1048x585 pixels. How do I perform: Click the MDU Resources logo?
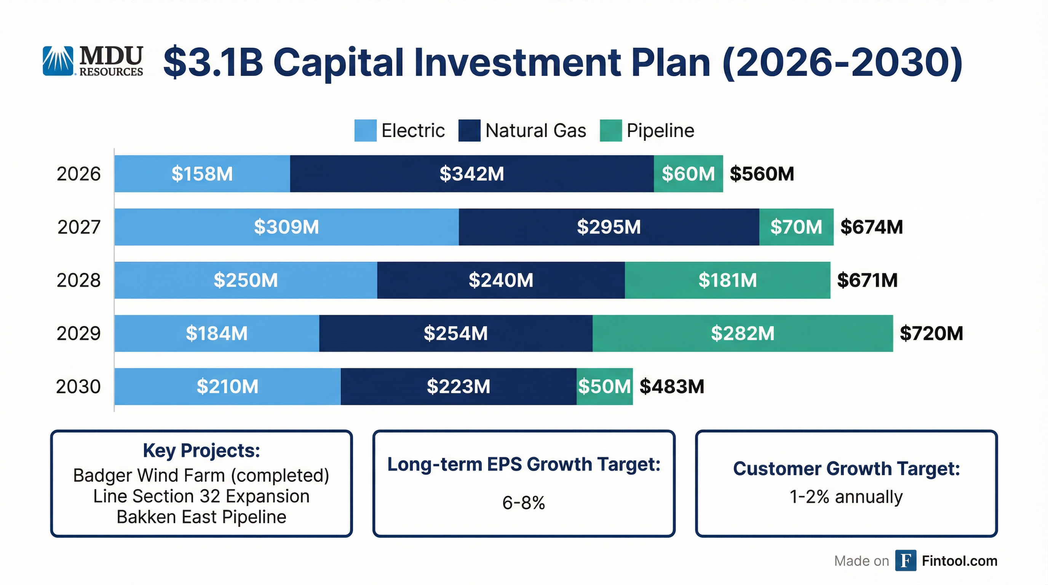(x=93, y=61)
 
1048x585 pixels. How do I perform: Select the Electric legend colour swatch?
(x=365, y=131)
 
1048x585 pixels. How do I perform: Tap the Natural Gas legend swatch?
(x=469, y=131)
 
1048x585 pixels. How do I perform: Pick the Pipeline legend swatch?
(x=611, y=131)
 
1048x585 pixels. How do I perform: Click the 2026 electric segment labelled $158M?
(x=202, y=174)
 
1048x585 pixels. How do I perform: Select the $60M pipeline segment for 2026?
(x=688, y=174)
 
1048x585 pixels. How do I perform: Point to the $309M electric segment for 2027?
(x=286, y=227)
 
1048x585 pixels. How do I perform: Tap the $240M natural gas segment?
(x=501, y=280)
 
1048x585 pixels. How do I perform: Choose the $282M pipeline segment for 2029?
(x=743, y=333)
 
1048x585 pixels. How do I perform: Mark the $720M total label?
(x=931, y=333)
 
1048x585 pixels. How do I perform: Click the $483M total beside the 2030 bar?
(x=672, y=387)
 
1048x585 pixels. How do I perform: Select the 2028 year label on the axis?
(x=78, y=280)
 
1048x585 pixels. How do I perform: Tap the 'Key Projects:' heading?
(x=201, y=451)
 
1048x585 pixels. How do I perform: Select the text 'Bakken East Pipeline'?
(x=201, y=517)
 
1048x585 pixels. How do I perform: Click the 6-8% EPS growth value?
(x=524, y=503)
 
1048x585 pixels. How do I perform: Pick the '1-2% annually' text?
(x=846, y=497)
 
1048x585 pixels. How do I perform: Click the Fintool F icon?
(x=906, y=561)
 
